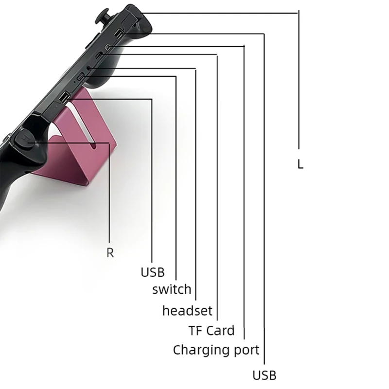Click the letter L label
coord(300,164)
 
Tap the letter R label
coord(110,253)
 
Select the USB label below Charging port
coord(265,375)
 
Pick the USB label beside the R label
coord(153,272)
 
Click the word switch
coord(172,289)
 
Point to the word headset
coord(187,311)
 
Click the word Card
coord(220,331)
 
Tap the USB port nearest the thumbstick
coord(119,34)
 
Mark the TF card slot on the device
coord(99,55)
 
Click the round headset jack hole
coord(88,68)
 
